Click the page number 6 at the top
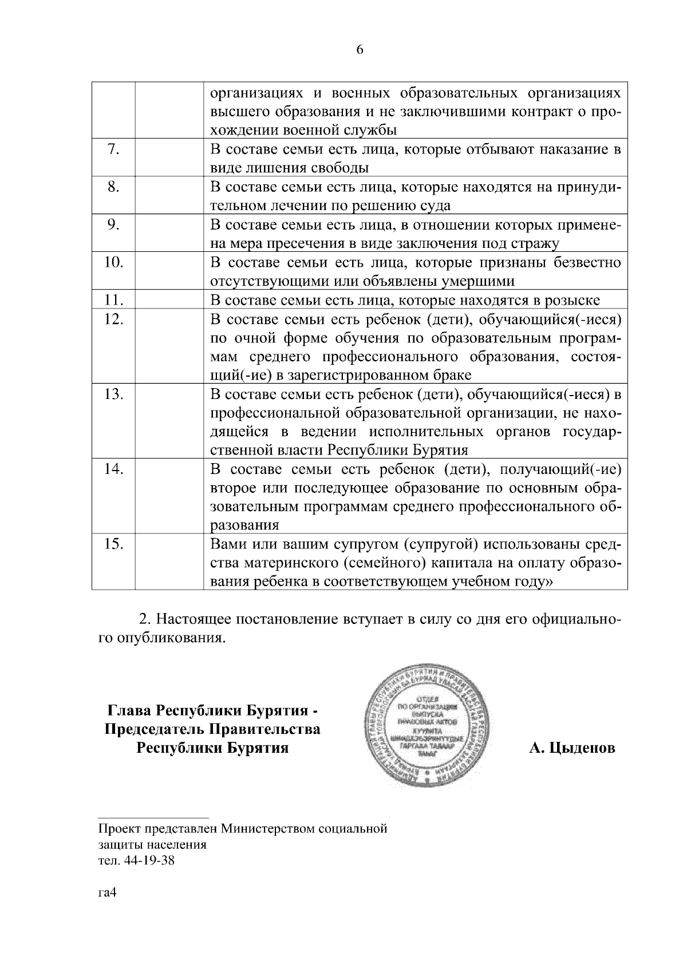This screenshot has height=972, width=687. pyautogui.click(x=360, y=50)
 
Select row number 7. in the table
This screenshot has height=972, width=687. pyautogui.click(x=113, y=149)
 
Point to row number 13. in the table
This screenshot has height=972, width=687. pyautogui.click(x=113, y=394)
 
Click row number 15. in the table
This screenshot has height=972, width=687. pyautogui.click(x=113, y=544)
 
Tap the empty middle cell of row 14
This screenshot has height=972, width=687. pyautogui.click(x=169, y=497)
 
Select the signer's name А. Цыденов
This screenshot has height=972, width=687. pyautogui.click(x=572, y=748)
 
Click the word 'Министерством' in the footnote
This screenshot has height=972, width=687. pyautogui.click(x=262, y=828)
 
